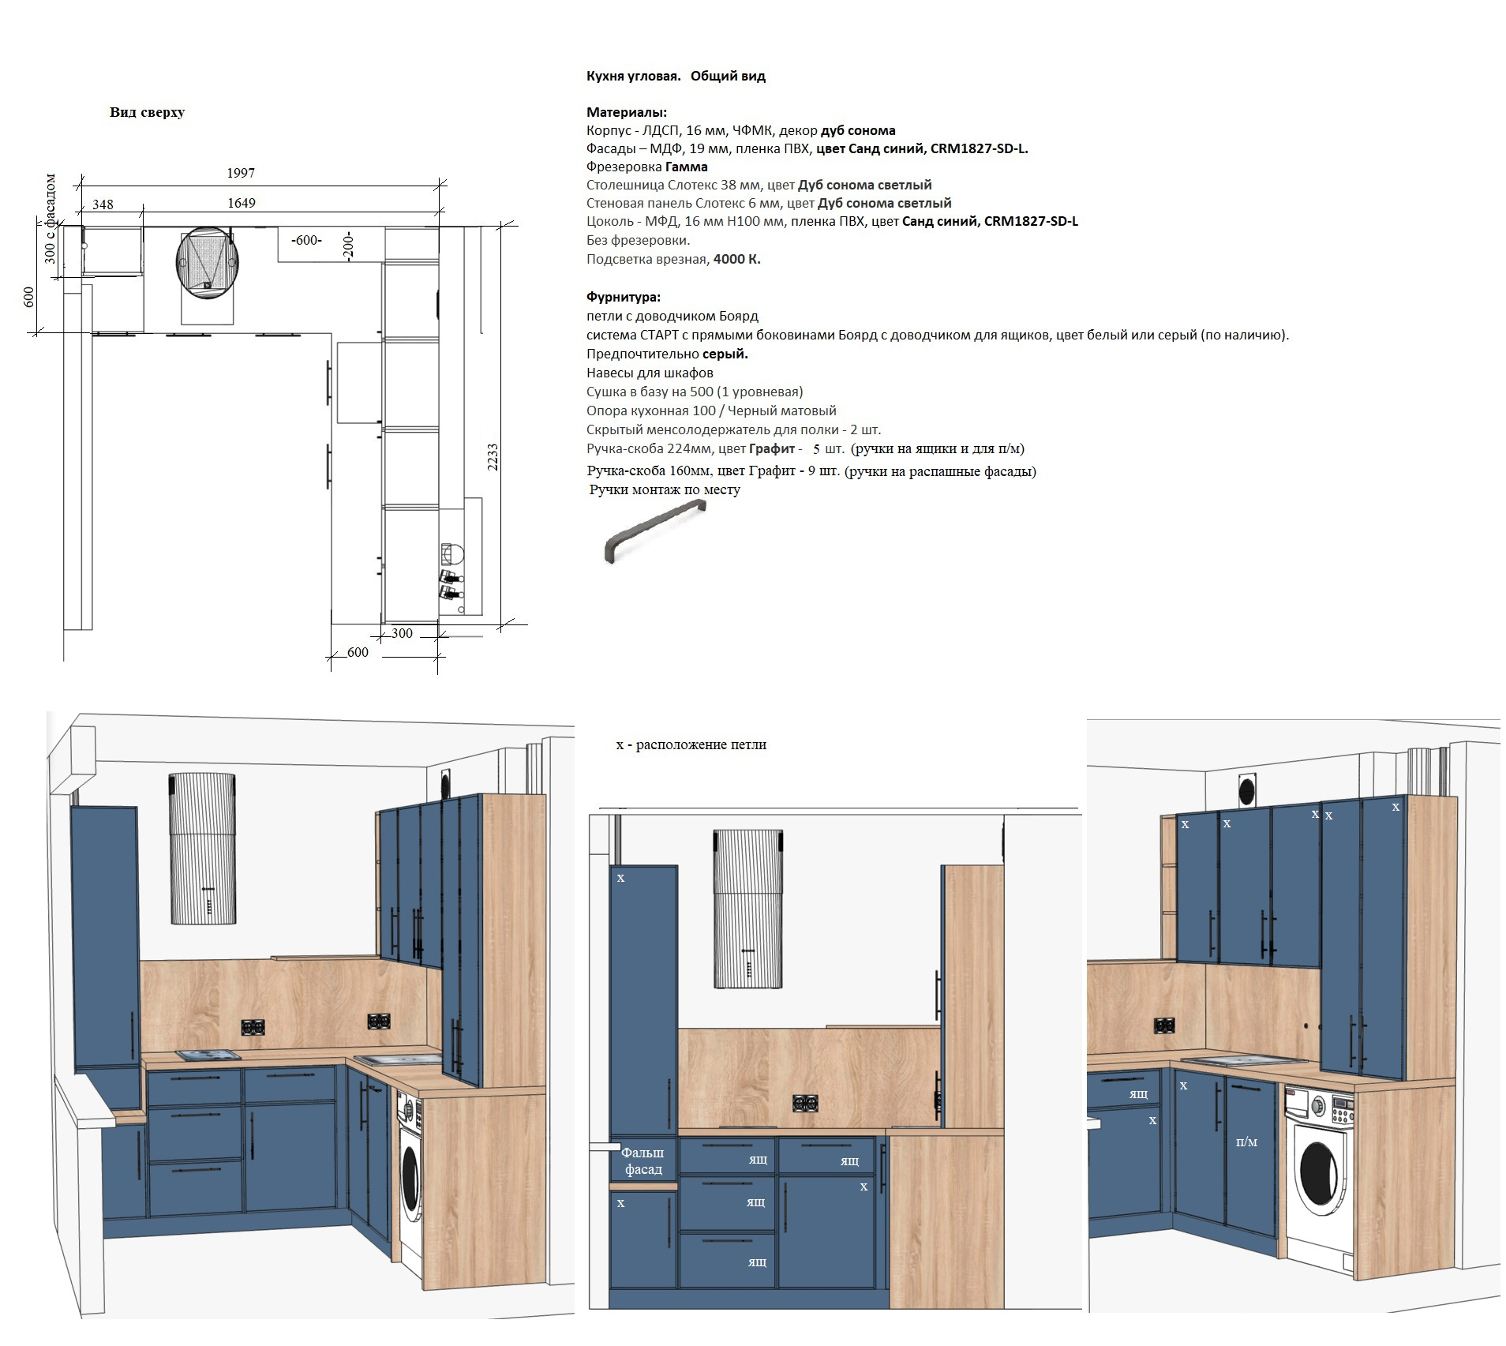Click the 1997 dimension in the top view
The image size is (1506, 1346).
click(241, 173)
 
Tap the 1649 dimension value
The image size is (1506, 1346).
click(242, 203)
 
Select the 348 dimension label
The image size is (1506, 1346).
click(103, 204)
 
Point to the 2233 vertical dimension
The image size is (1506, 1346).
click(493, 457)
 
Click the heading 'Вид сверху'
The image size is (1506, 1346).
click(147, 112)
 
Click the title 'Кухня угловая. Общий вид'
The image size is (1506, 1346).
click(676, 76)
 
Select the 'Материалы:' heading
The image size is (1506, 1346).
click(627, 112)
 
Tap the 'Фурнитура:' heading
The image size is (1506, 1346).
click(624, 297)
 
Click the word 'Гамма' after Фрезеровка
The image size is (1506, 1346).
click(687, 167)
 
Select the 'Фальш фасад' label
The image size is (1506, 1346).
click(643, 1161)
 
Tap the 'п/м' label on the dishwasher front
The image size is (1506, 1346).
click(1246, 1142)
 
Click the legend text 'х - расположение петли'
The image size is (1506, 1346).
click(691, 744)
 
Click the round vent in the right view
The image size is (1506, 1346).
click(1248, 789)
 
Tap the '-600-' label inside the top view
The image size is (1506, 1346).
click(307, 240)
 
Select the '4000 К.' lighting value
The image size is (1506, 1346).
click(736, 259)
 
